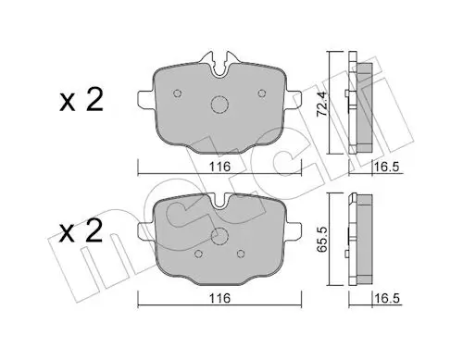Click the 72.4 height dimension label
[322, 104]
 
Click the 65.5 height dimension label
[322, 240]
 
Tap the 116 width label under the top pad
[219, 167]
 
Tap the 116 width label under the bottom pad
[219, 298]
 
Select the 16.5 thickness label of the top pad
[387, 167]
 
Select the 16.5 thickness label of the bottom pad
[387, 298]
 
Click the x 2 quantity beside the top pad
[81, 100]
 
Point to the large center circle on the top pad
[219, 105]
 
